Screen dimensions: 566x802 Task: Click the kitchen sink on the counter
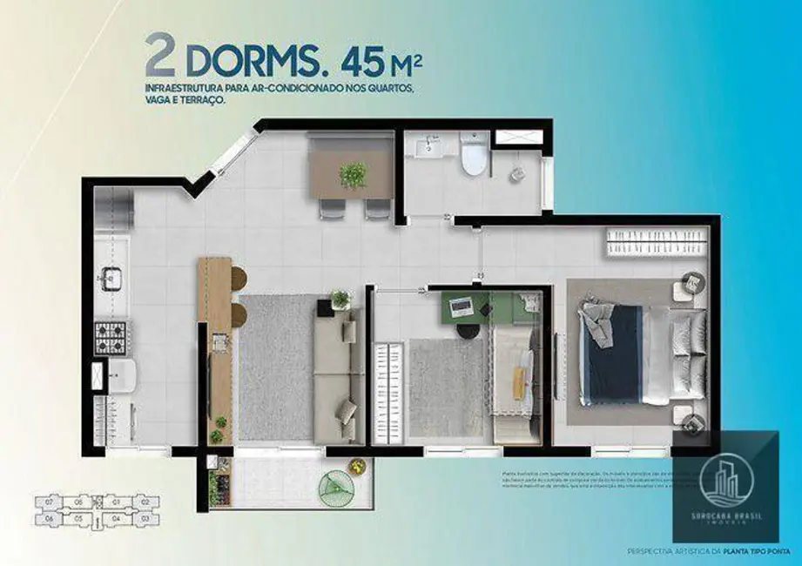tap(111, 279)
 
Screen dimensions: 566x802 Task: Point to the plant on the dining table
tap(354, 175)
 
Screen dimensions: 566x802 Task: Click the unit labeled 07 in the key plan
tap(49, 502)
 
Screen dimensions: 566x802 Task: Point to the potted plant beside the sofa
tap(340, 300)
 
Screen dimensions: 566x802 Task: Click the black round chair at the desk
tap(468, 331)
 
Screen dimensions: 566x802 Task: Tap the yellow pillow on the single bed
tap(519, 384)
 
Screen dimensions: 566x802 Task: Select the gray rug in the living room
tap(275, 367)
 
